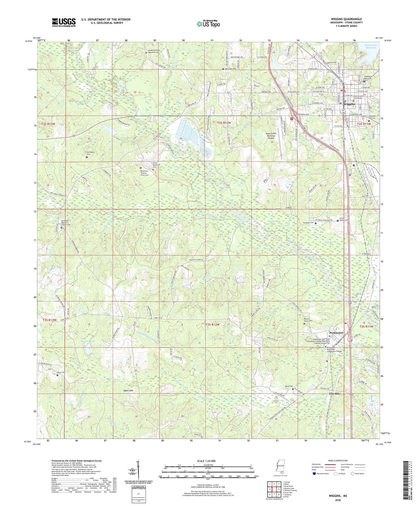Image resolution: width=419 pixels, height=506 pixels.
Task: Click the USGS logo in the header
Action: (64, 22)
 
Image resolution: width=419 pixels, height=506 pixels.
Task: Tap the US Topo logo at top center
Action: (208, 24)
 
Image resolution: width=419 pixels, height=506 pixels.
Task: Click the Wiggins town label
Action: (349, 104)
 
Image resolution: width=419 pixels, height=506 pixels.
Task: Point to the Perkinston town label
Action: (336, 333)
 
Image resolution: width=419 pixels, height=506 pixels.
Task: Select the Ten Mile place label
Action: (334, 394)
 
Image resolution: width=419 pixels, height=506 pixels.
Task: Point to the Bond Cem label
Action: (61, 372)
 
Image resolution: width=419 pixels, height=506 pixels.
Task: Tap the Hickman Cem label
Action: (309, 223)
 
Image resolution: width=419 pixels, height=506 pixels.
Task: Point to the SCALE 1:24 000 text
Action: (208, 461)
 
